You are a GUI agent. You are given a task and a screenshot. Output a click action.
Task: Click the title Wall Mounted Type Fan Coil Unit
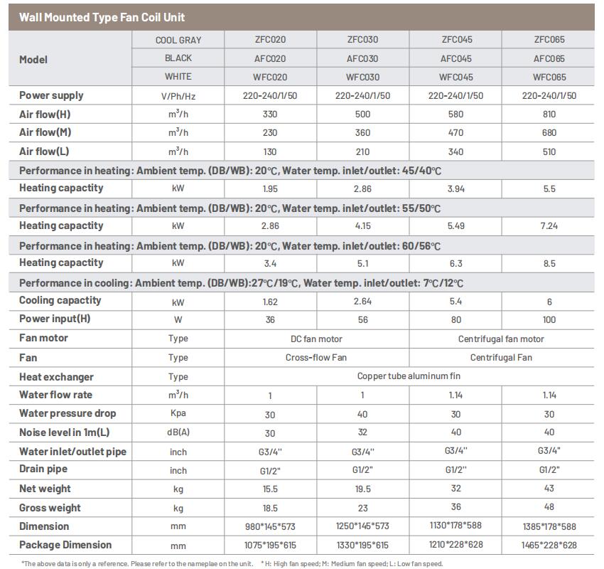(102, 17)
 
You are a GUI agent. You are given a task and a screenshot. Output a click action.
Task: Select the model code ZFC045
(456, 40)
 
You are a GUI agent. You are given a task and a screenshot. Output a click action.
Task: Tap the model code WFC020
(270, 77)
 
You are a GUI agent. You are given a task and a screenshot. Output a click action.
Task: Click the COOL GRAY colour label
(178, 41)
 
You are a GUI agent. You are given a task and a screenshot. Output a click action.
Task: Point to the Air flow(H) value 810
(549, 114)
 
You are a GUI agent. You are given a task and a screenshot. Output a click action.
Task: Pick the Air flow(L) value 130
(270, 151)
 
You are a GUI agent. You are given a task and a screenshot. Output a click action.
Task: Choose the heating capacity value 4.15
(362, 226)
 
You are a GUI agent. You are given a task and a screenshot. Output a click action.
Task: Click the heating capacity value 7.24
(549, 226)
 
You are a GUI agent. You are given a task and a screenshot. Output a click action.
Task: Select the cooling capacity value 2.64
(362, 301)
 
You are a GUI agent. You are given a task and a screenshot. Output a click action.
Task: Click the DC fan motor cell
(316, 339)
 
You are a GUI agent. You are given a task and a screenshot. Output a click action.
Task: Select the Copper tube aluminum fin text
(409, 376)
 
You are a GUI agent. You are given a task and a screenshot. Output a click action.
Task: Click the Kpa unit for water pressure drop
(178, 414)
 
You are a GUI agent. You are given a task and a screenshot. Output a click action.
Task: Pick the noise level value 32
(362, 432)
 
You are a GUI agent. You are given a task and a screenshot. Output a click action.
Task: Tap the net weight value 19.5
(362, 489)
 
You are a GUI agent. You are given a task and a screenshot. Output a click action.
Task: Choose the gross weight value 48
(549, 507)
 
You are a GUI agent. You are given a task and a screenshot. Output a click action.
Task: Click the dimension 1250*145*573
(362, 526)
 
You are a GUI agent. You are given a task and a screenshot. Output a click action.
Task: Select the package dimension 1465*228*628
(549, 546)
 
